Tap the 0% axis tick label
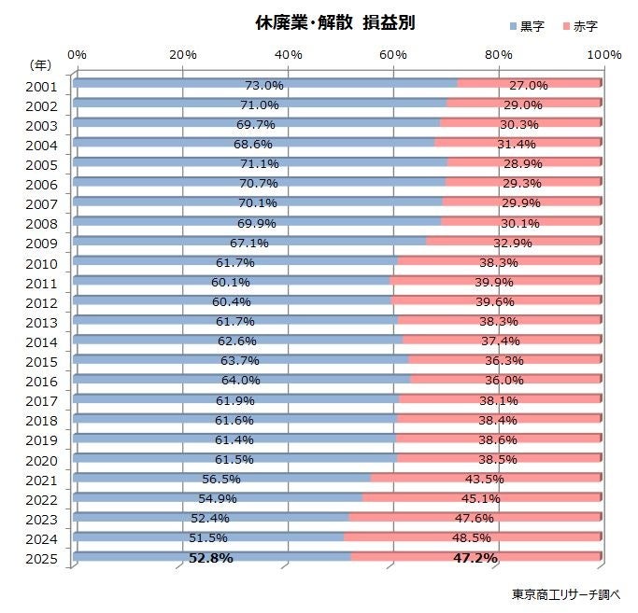[x=78, y=54]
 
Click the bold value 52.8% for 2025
[x=212, y=558]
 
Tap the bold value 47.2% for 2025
[x=476, y=558]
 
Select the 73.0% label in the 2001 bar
[x=263, y=86]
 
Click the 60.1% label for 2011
[x=230, y=283]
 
